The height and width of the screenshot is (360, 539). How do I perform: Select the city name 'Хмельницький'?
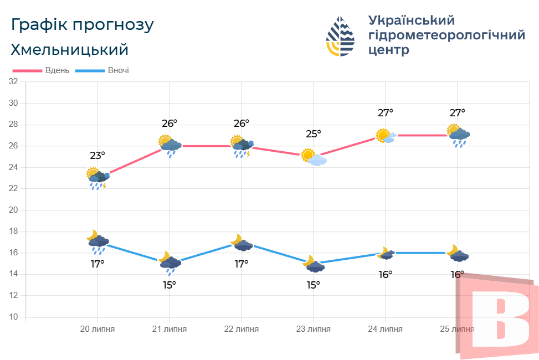coord(70,50)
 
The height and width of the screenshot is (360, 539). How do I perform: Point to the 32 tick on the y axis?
coord(14,81)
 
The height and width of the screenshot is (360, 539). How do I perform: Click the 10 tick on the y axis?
coord(14,317)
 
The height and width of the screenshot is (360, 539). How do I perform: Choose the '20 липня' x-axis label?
coord(97,329)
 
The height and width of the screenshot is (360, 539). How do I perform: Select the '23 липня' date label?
coord(314,329)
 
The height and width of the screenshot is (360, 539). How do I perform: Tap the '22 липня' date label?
coord(242,329)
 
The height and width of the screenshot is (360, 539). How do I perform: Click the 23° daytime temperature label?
coord(97,156)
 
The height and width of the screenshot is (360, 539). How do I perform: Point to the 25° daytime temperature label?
coord(314,134)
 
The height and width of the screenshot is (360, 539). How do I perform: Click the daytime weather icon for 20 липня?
coord(97,178)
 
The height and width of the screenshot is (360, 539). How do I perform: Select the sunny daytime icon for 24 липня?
coord(386,136)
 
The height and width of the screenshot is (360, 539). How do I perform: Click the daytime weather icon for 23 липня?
coord(314,157)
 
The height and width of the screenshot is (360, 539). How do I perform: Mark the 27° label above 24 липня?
coord(386,113)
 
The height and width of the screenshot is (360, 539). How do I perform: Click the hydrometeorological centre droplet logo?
coord(340,37)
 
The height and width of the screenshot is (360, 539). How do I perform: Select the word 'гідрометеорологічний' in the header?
coord(446,35)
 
